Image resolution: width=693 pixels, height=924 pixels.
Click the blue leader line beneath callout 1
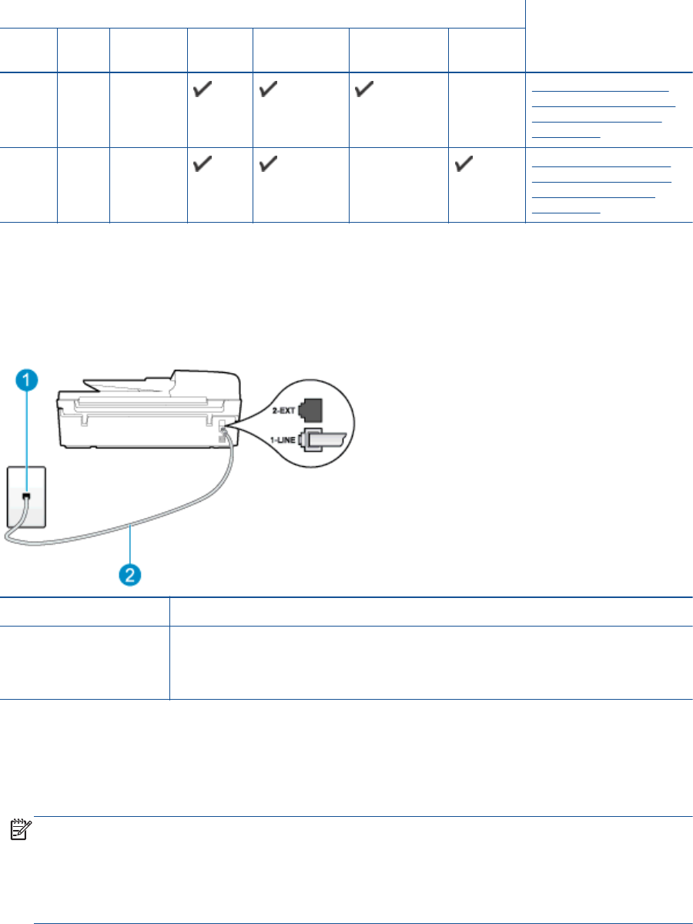[x=26, y=439]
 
